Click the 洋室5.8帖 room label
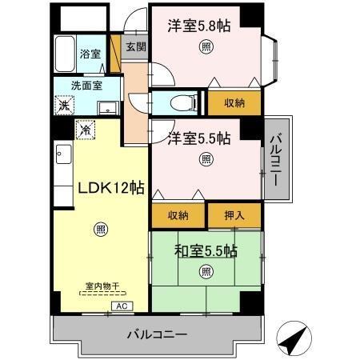tap(198, 26)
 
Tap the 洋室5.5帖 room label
tap(198, 138)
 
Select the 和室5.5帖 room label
tap(206, 250)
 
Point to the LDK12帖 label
tap(110, 188)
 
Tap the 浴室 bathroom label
tap(90, 54)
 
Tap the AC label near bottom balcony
tap(122, 306)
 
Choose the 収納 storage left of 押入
tap(178, 216)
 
